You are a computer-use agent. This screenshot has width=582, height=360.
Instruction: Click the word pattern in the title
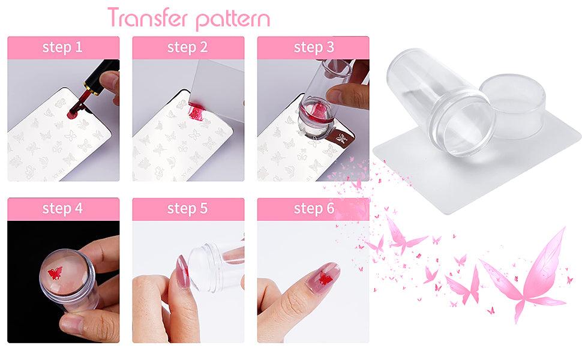233,20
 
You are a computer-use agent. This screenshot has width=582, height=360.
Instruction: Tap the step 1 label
62,47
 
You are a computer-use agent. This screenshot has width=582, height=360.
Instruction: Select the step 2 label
187,47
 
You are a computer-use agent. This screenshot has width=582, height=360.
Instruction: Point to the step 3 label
314,47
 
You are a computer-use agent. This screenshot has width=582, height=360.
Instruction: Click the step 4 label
62,209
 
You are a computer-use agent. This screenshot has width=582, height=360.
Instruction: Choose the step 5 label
187,209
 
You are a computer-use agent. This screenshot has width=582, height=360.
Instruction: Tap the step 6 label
314,209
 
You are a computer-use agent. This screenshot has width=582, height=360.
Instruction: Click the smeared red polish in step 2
197,110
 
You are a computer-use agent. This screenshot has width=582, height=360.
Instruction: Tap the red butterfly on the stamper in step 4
55,273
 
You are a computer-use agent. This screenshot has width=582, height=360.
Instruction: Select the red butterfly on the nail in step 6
325,278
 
